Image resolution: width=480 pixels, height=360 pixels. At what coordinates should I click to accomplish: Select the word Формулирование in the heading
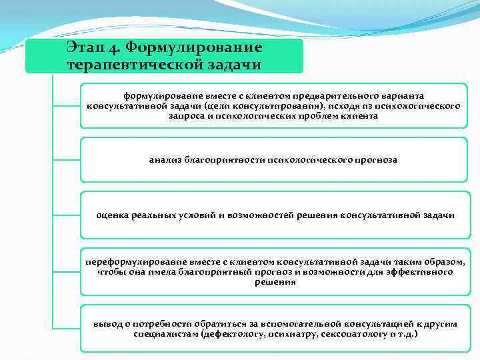click(194, 49)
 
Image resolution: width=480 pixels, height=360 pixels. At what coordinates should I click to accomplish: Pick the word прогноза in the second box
click(377, 160)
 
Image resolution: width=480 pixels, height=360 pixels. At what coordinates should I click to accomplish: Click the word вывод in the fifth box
click(107, 323)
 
